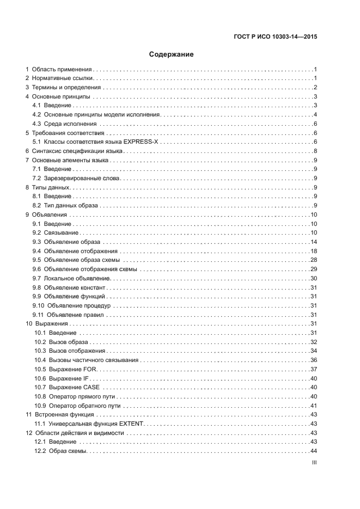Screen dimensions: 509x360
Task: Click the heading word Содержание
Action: point(172,54)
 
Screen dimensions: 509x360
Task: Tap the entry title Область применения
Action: point(63,70)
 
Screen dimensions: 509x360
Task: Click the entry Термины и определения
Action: point(66,88)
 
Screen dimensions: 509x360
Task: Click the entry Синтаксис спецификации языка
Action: point(77,151)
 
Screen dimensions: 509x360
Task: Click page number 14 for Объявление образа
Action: point(314,241)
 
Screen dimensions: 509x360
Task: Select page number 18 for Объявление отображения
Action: point(314,250)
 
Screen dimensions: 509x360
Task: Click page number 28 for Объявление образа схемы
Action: point(314,260)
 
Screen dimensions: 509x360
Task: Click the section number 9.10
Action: point(38,305)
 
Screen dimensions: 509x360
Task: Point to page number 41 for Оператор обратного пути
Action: point(314,406)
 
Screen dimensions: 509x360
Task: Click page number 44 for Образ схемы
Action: point(314,451)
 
